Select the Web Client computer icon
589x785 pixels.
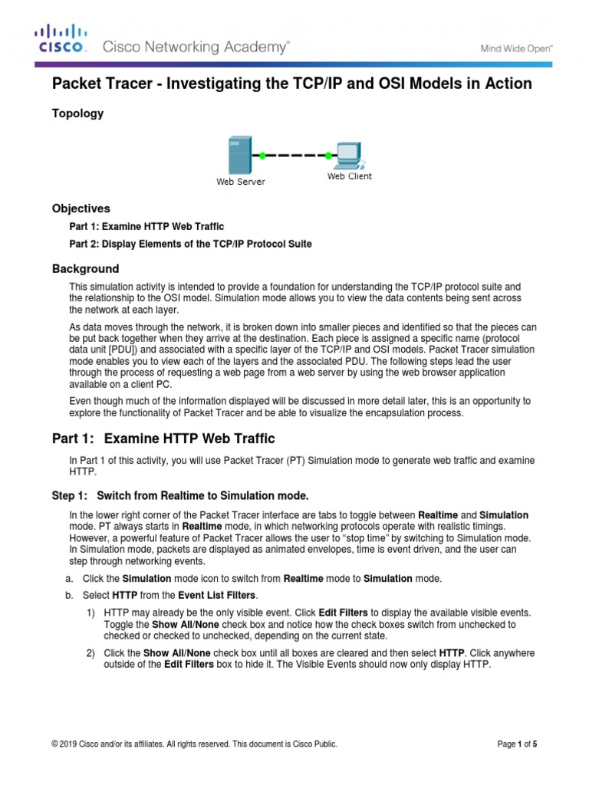point(348,154)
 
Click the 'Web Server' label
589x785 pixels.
point(240,182)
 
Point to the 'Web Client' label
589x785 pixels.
point(349,176)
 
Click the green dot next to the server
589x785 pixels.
point(262,156)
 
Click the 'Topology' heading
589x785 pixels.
point(77,113)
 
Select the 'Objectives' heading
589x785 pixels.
point(81,209)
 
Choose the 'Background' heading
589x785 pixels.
point(85,269)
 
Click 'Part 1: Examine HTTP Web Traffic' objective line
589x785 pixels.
point(146,226)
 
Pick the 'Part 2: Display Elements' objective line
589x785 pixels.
point(190,244)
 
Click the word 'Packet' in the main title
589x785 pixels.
point(75,83)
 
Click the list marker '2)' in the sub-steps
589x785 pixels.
point(90,652)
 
